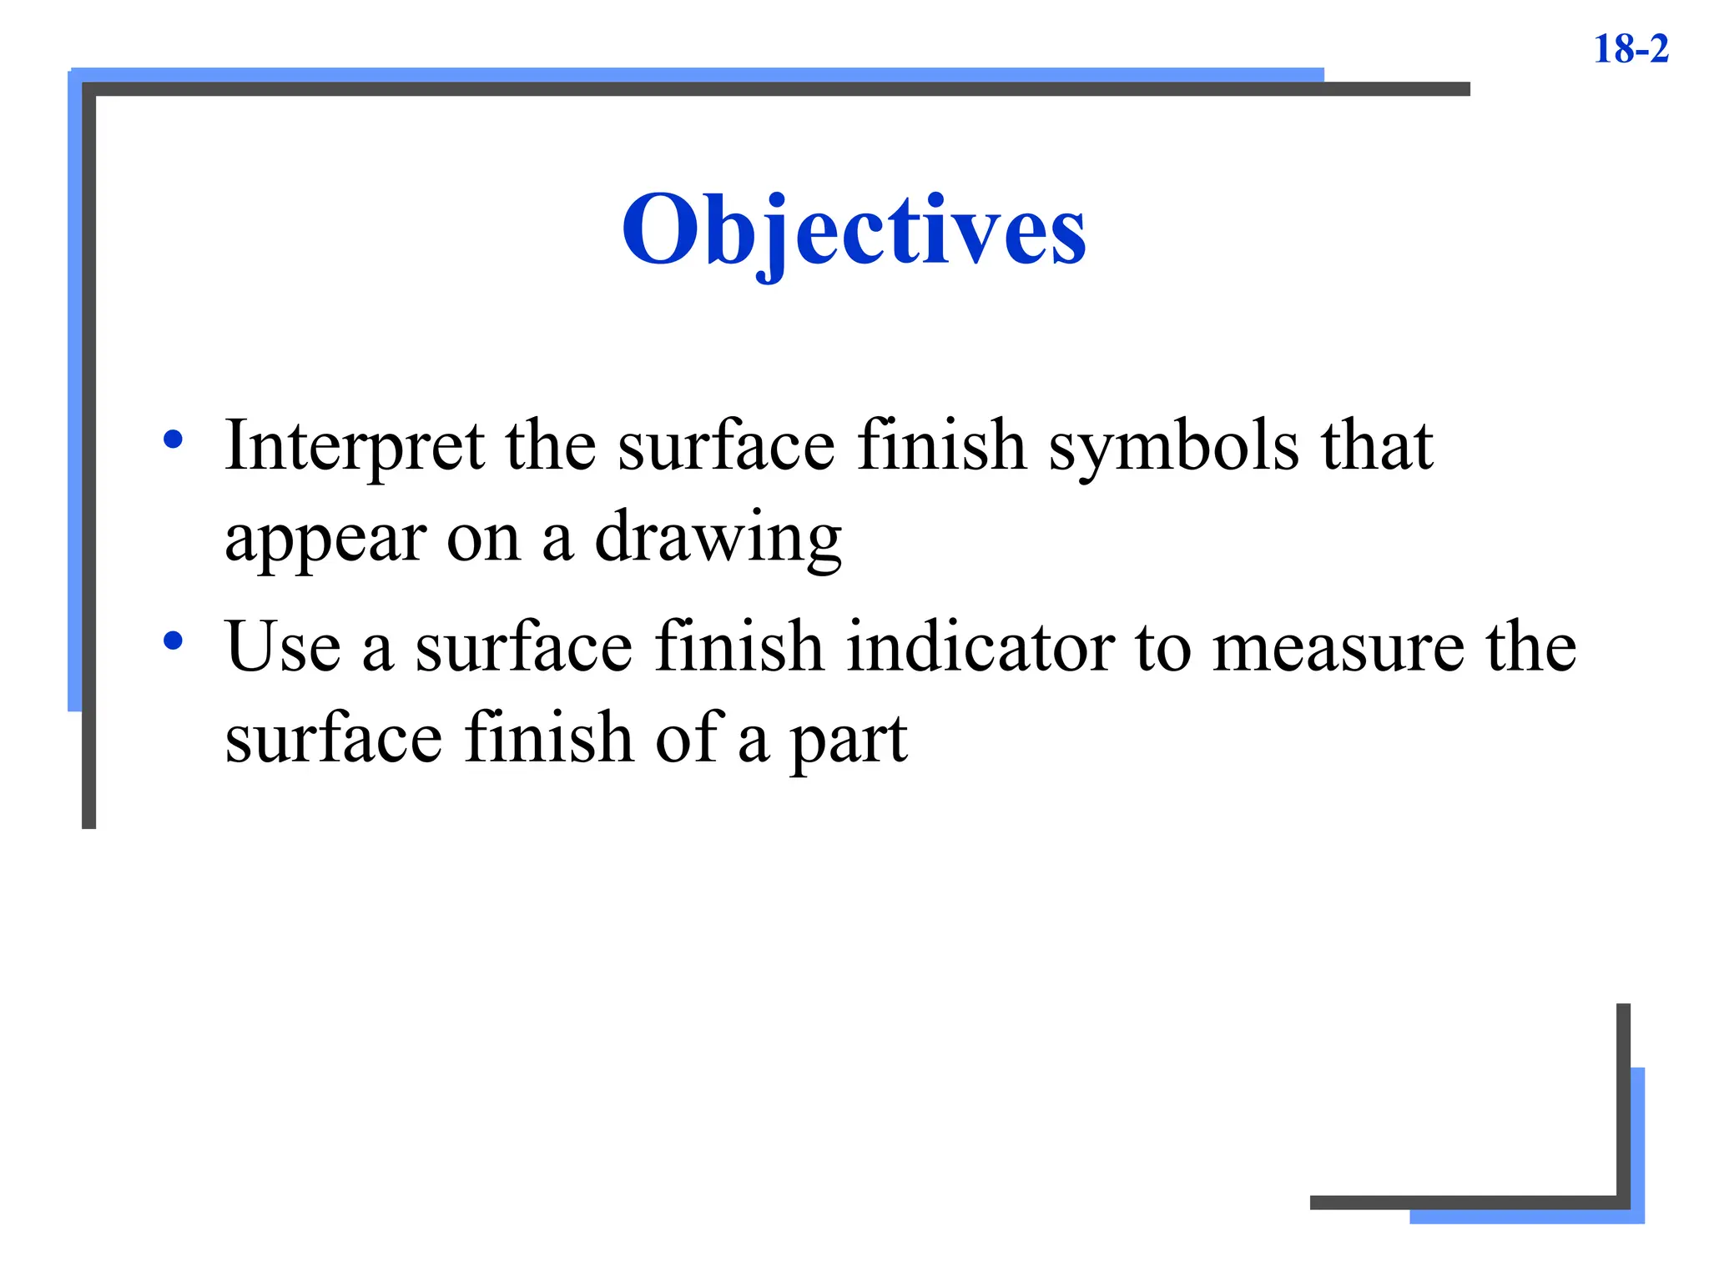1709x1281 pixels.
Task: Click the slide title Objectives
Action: tap(854, 229)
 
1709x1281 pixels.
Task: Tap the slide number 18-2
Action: tap(1631, 48)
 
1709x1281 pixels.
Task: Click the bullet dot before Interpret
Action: tap(173, 440)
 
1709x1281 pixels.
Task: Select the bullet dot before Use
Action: tap(173, 640)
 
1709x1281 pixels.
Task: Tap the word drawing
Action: tap(718, 539)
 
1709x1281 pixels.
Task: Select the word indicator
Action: tap(980, 647)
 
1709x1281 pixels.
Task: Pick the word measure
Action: tap(1338, 649)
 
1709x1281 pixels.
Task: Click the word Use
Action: tap(283, 647)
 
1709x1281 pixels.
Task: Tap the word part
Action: tap(848, 741)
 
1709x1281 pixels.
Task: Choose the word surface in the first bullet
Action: tap(726, 446)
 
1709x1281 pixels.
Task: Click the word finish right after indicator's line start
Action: tap(739, 647)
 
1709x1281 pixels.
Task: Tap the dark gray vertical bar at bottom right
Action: tap(1623, 1101)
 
